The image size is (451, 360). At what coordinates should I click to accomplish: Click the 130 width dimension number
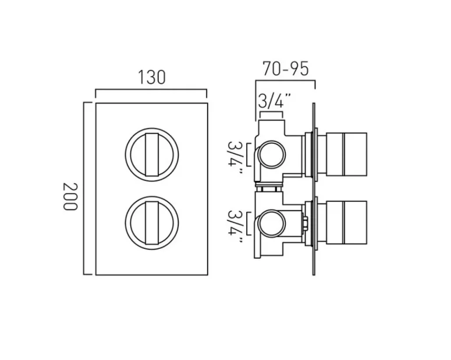pos(151,77)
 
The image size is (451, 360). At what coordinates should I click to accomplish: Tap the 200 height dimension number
pos(70,197)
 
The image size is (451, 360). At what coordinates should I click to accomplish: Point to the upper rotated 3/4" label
pos(235,155)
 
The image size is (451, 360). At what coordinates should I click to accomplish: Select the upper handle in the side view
pos(346,152)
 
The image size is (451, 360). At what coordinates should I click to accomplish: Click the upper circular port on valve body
pos(271,154)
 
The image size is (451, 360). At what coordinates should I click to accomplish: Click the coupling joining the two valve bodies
pos(269,188)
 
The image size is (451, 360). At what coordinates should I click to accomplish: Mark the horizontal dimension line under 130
pos(151,90)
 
